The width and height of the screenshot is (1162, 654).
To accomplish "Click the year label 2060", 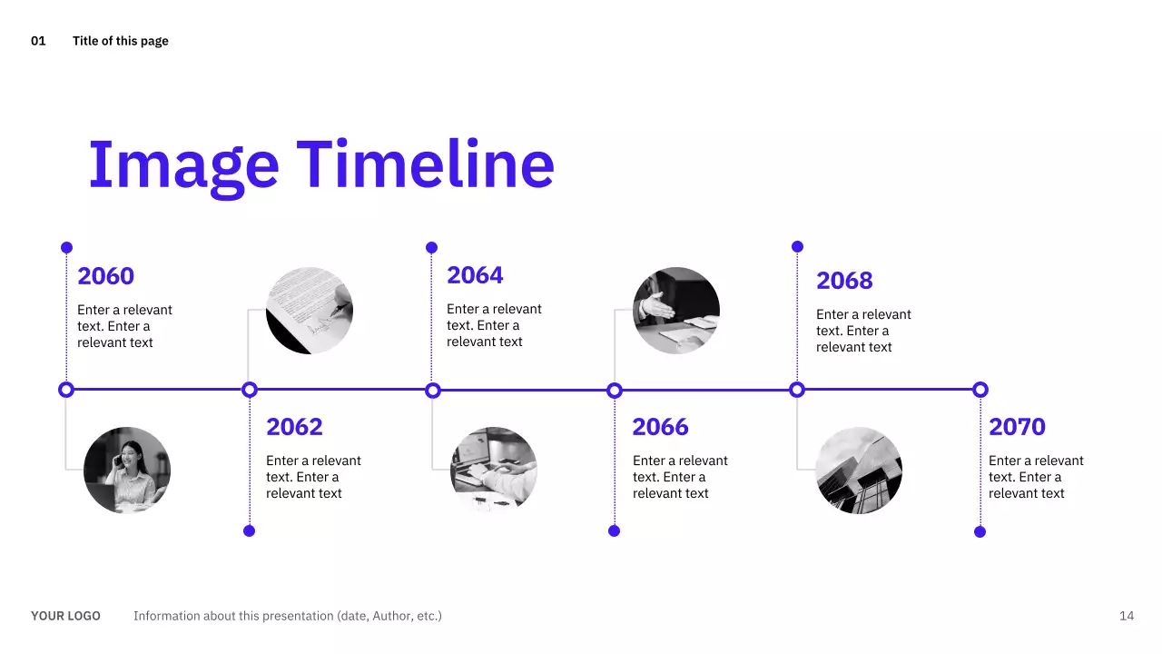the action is coord(106,276).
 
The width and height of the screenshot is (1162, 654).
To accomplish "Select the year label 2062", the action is coord(294,427).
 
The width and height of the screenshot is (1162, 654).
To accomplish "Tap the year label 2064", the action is coord(475,275).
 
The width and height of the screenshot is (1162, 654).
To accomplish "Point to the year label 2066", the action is coord(660,427).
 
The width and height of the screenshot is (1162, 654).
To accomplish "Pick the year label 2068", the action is coord(844,281).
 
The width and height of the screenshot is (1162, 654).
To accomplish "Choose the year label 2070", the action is coord(1017,427).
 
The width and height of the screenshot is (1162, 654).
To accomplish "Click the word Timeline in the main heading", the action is coord(426,164).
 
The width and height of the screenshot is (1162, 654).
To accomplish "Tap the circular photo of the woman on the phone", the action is coord(127,471).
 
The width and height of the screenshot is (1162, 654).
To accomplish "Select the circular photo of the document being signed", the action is coord(310,311).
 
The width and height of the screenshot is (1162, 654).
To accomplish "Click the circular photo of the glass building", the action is coord(859,471).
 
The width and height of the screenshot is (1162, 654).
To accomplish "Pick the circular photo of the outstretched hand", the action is coord(676,311).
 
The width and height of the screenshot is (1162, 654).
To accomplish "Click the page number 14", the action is coord(1127,616).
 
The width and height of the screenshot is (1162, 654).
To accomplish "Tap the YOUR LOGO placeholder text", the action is coord(65,616).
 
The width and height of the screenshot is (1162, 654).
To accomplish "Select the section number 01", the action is coord(38,41).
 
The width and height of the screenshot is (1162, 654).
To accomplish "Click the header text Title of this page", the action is coord(121,41).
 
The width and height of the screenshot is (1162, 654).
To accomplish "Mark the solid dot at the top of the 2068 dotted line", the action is coord(797,246).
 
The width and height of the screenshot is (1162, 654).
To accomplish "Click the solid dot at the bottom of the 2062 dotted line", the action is coord(249,531).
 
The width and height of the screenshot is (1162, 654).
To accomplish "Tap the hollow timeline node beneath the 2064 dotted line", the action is coord(433,390).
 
